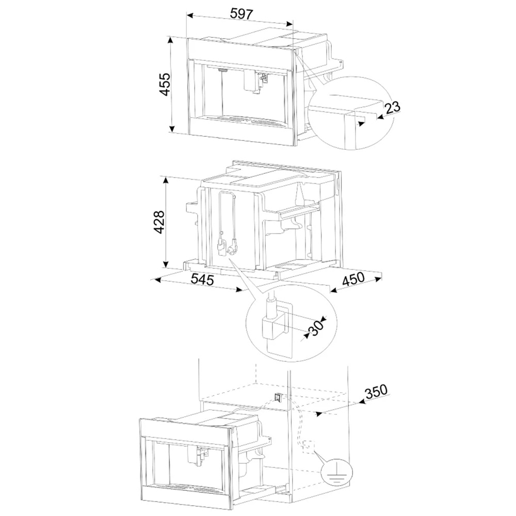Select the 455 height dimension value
click(165, 84)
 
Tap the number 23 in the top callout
click(392, 107)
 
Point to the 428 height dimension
click(159, 222)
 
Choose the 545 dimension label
click(202, 279)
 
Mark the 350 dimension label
click(376, 391)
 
